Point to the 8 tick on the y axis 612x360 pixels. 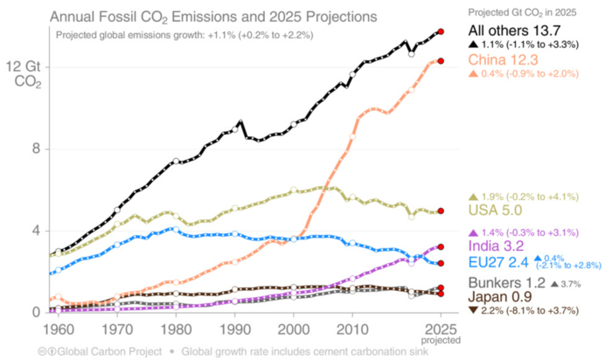pos(35,149)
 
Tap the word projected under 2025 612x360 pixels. pos(442,340)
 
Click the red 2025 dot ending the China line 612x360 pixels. pos(442,60)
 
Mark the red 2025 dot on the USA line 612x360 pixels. pos(442,211)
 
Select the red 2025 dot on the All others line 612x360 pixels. pos(442,31)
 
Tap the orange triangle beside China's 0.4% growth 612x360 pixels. pos(474,74)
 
